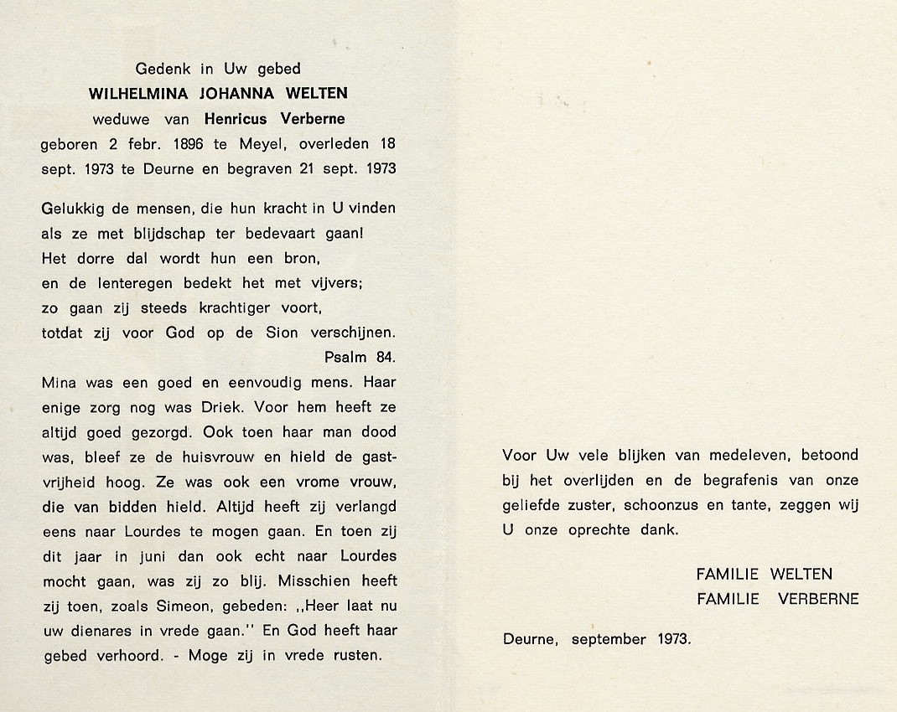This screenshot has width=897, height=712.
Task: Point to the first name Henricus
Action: pos(236,118)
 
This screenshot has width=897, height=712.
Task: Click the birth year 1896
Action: pos(183,143)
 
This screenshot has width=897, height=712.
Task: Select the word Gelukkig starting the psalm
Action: pos(72,208)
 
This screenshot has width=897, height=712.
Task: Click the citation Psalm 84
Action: pos(360,358)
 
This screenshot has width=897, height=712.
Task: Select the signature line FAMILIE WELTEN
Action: pos(764,575)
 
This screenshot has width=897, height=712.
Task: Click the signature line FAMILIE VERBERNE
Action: pos(777,599)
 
